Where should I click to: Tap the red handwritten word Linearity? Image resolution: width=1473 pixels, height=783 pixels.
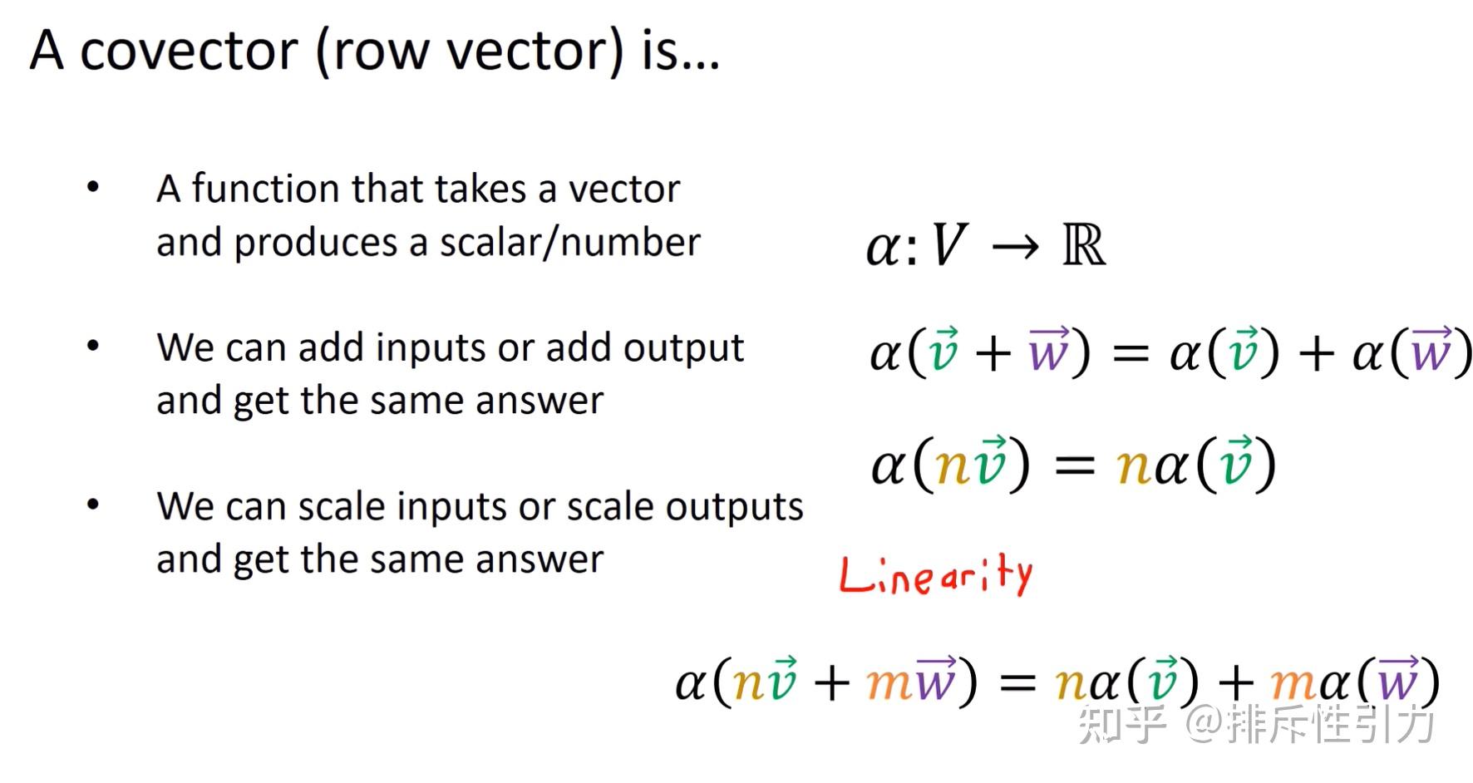tap(936, 574)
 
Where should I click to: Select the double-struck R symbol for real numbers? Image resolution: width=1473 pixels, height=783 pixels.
tap(1084, 246)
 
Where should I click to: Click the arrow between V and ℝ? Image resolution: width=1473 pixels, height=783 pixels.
tap(1015, 247)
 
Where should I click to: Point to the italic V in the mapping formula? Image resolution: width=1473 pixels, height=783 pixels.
tap(948, 247)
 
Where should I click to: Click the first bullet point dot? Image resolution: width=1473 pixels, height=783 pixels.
tap(93, 187)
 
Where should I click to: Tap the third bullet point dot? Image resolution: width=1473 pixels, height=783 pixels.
tap(93, 505)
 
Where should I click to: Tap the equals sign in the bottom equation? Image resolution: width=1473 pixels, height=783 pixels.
tap(1017, 684)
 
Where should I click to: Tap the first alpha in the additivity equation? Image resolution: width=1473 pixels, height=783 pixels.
tap(885, 352)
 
